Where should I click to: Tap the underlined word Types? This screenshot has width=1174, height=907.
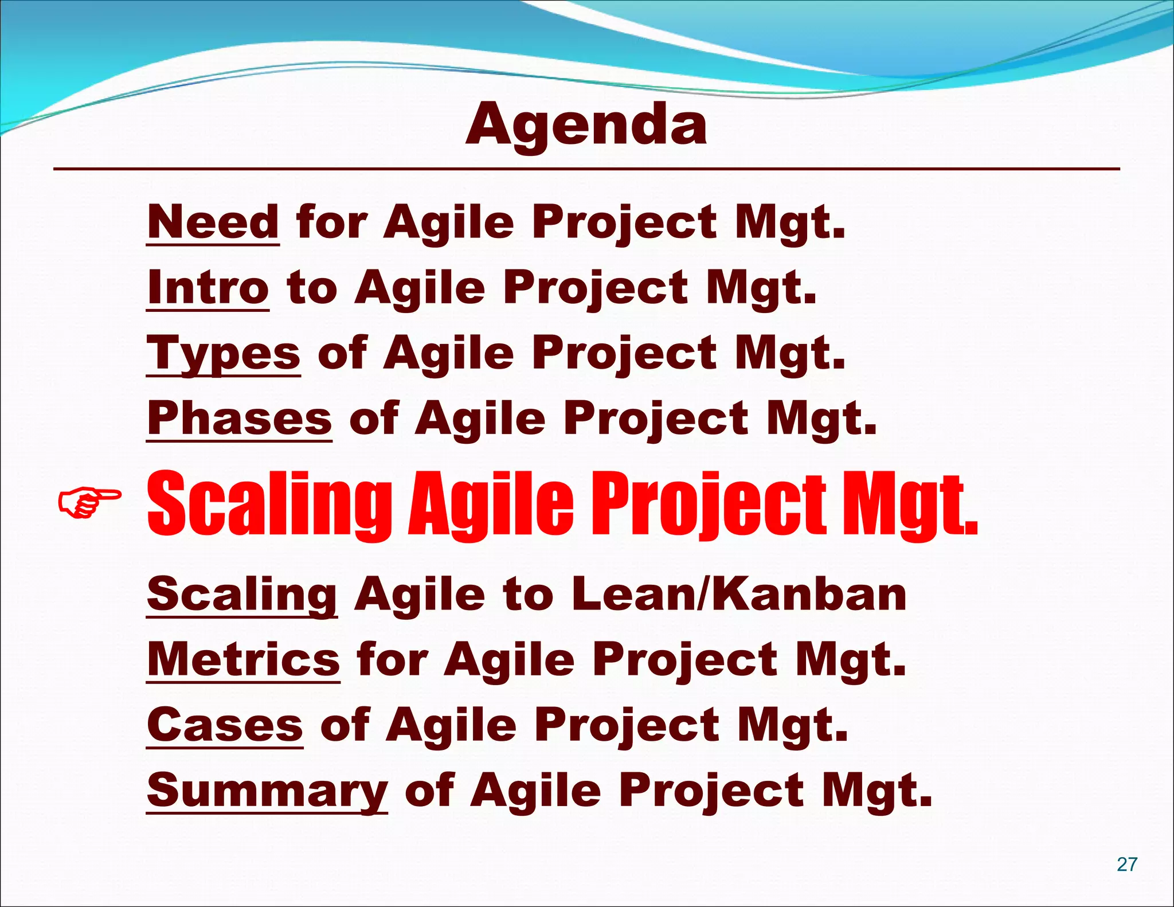(x=224, y=353)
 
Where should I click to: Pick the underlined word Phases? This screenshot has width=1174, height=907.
(x=239, y=418)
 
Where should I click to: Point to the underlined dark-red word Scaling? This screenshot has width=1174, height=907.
(x=242, y=595)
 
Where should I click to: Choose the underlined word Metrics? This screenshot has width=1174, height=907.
(x=244, y=659)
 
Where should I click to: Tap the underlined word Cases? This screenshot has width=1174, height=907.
(x=225, y=725)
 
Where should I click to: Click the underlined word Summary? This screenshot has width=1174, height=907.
(x=267, y=791)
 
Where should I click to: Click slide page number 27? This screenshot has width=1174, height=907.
(x=1127, y=864)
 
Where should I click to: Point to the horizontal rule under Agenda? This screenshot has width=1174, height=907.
(x=586, y=169)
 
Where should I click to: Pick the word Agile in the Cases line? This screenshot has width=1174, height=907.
(x=452, y=725)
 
